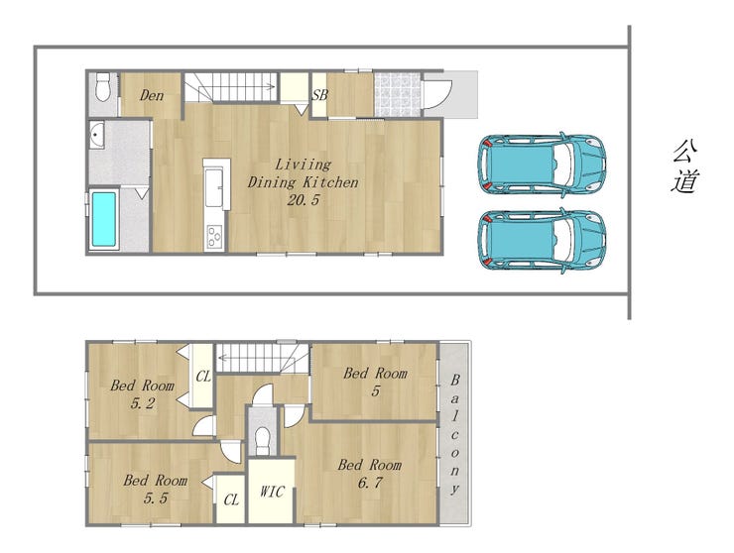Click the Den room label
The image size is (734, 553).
152,96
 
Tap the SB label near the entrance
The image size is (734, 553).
319,95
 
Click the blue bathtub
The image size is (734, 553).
103,219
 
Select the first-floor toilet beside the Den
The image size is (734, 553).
102,86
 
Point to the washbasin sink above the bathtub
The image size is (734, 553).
97,135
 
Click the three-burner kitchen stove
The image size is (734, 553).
215,236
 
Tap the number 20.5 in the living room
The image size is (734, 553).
303,200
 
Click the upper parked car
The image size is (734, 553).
542,164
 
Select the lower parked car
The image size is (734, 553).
542,240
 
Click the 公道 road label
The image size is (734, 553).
685,166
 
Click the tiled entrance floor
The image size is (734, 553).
397,94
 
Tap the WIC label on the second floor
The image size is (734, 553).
272,492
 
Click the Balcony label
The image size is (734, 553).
454,435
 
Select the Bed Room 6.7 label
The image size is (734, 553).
370,474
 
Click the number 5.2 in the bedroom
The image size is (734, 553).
143,403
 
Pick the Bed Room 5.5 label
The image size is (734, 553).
156,489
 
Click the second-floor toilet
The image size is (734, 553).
262,440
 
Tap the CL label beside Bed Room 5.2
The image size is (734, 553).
203,377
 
